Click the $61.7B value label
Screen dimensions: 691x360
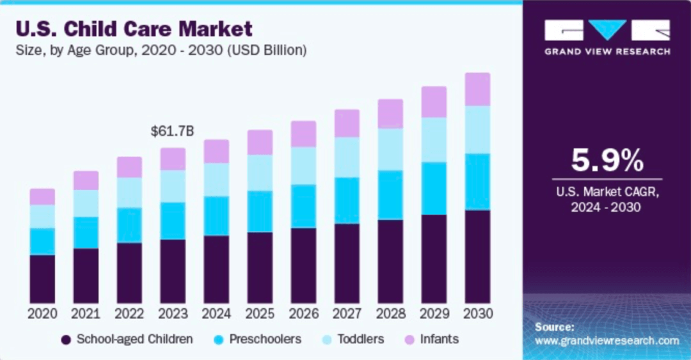(x=172, y=131)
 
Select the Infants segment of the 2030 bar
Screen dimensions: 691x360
(x=477, y=90)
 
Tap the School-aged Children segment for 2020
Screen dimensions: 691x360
(x=42, y=279)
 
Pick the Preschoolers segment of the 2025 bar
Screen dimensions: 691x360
(x=260, y=212)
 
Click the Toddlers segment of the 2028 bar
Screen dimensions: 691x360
(x=390, y=150)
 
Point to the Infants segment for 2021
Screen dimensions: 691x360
(x=86, y=181)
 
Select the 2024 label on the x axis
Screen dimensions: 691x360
(x=216, y=314)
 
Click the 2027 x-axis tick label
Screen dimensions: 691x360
(x=347, y=314)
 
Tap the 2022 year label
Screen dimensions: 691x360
(x=129, y=314)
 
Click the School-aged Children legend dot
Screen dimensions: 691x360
(x=66, y=340)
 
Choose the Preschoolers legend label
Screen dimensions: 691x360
(x=266, y=340)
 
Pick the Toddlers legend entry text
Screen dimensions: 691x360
(x=361, y=340)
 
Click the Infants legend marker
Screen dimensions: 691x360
(x=410, y=340)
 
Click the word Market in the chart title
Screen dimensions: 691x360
(x=216, y=29)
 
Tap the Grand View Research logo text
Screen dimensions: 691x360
(x=607, y=52)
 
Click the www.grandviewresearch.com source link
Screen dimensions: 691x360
(x=607, y=341)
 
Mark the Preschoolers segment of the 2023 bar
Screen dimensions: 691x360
(x=173, y=221)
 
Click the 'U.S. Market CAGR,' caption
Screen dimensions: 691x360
(x=607, y=192)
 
